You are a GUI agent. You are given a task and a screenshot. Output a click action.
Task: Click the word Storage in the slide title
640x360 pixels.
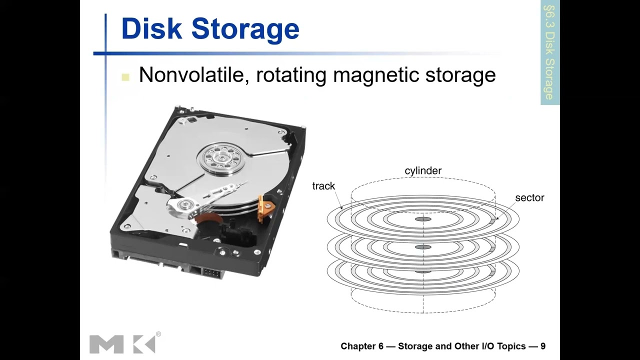[x=245, y=28]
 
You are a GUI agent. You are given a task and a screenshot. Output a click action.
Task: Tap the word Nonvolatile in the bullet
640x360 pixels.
[x=192, y=75]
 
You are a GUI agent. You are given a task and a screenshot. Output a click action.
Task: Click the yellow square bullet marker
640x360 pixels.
[x=125, y=77]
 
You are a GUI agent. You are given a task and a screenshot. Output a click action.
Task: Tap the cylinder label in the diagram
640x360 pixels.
[x=423, y=171]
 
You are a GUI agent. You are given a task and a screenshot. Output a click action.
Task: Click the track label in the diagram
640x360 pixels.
[x=323, y=186]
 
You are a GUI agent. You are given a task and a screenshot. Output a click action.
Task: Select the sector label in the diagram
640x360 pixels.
[x=529, y=198]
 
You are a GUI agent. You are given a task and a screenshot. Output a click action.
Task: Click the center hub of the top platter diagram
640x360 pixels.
[x=423, y=219]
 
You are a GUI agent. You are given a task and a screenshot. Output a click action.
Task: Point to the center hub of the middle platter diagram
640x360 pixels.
[x=423, y=247]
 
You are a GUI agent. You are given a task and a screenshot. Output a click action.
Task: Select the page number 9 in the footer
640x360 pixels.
[x=542, y=346]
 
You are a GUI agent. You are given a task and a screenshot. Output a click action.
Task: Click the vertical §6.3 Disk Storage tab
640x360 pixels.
[x=549, y=52]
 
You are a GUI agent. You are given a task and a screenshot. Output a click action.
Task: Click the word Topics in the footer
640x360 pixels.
[x=509, y=346]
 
